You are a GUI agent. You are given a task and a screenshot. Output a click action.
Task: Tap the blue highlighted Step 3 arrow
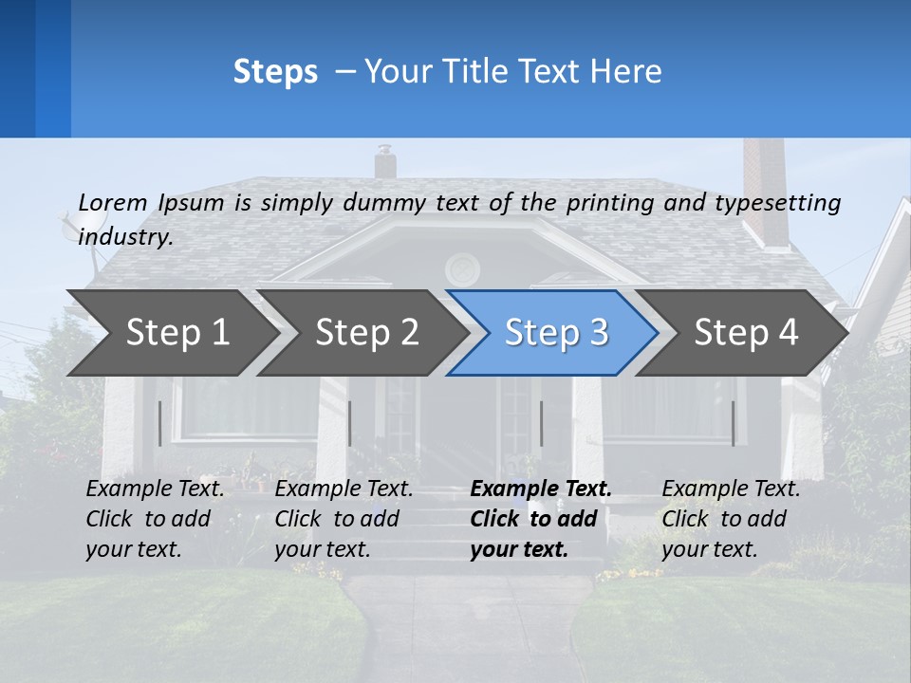556,333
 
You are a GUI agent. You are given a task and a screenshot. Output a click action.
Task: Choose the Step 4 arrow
746,333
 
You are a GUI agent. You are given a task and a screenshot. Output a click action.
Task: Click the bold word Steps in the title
275,72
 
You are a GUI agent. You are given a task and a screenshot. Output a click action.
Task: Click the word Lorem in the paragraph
112,202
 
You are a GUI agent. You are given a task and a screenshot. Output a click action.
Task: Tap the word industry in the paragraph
124,237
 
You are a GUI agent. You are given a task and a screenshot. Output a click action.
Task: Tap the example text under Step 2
344,519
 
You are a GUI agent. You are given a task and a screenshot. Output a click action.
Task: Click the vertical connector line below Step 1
159,423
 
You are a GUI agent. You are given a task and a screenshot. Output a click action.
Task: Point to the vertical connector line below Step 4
733,423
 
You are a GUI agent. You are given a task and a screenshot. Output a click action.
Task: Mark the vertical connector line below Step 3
541,423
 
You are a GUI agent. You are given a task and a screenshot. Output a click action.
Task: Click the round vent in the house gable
462,268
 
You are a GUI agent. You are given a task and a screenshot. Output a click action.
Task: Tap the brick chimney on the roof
765,190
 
